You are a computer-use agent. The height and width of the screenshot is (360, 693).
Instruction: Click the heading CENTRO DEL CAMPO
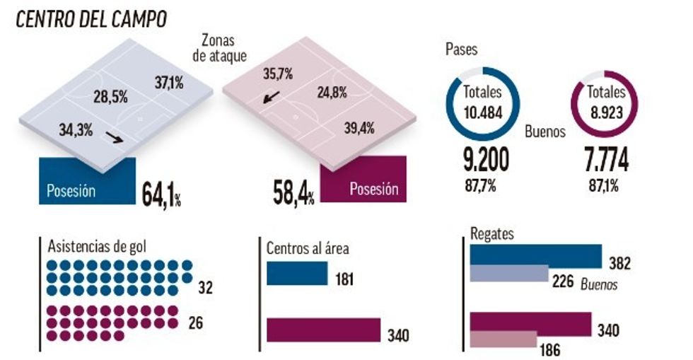point(92,19)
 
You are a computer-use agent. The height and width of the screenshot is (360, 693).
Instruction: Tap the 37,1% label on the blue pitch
point(169,83)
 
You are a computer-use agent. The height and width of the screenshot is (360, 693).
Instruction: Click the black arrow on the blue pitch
point(113,136)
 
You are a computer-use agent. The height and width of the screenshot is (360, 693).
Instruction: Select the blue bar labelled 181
point(296,274)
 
